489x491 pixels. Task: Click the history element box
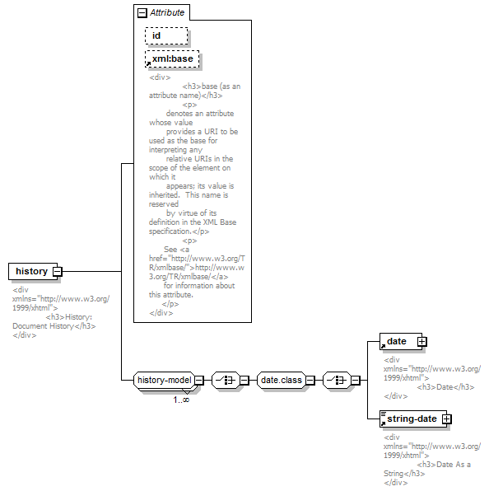point(33,271)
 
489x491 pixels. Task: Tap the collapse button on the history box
point(58,271)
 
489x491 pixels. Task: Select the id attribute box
point(166,35)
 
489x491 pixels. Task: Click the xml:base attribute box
point(172,58)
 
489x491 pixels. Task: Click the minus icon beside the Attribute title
point(142,13)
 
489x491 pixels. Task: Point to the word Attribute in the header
point(167,12)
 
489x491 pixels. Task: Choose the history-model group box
point(165,380)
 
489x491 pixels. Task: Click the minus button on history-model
point(199,380)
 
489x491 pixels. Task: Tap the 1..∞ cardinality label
point(181,400)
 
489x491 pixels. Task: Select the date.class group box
point(282,380)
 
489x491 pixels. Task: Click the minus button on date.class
point(310,380)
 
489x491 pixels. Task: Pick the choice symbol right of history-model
point(226,380)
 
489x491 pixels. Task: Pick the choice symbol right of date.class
point(337,380)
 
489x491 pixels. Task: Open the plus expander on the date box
point(422,341)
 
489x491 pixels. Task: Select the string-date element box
point(413,419)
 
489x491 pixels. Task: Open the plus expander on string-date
point(447,419)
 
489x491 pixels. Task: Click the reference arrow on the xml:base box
point(148,64)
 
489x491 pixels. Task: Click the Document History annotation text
point(43,326)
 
